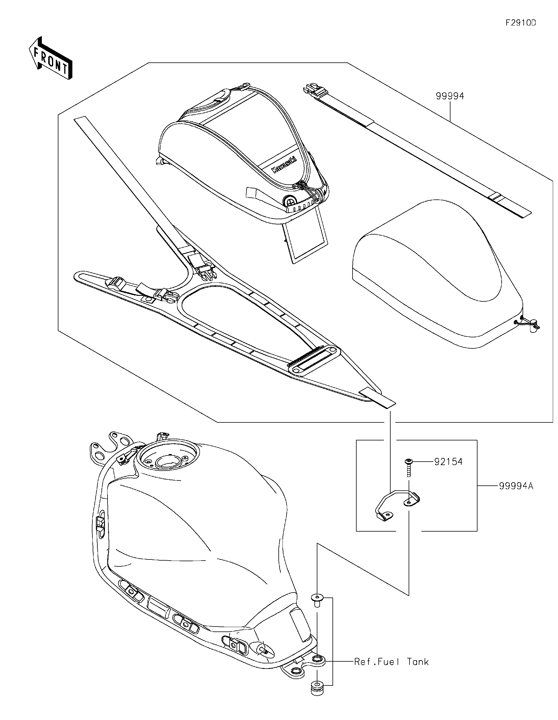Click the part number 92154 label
[448, 462]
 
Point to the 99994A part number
[516, 495]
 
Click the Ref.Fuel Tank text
[391, 662]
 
